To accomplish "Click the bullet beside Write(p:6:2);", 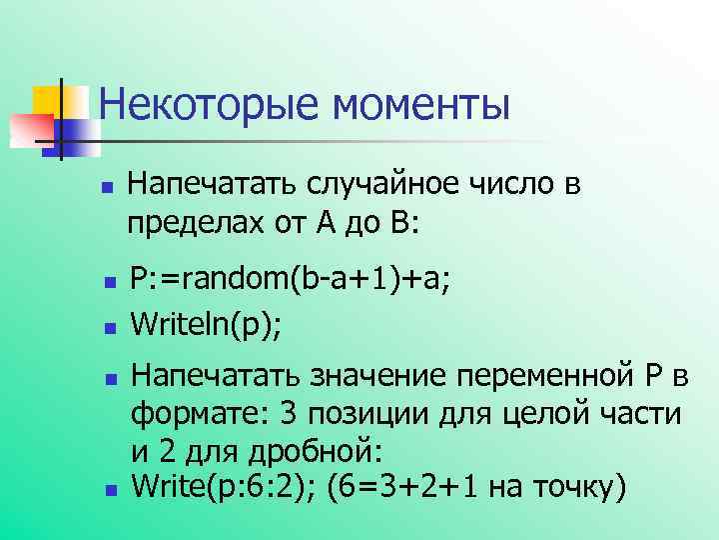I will tap(110, 491).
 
